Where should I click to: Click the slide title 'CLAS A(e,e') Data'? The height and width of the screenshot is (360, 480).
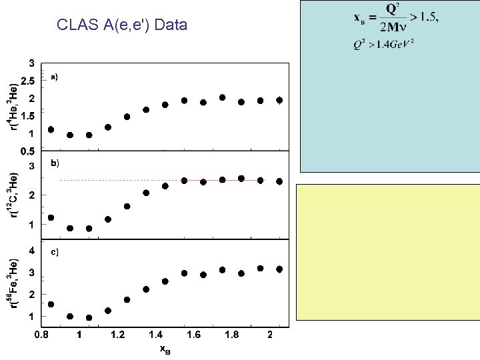(x=123, y=26)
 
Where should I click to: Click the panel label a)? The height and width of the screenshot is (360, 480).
(x=55, y=77)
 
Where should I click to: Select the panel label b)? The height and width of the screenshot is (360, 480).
(x=55, y=163)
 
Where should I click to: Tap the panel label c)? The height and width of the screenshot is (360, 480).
(x=55, y=252)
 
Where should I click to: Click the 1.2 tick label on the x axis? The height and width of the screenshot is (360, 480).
(x=117, y=335)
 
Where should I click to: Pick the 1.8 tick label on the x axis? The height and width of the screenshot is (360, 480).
(x=231, y=335)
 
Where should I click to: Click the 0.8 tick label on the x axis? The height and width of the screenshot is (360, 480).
(x=41, y=335)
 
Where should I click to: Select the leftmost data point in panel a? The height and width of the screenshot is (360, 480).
(x=51, y=129)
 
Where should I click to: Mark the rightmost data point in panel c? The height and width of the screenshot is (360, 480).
(x=279, y=269)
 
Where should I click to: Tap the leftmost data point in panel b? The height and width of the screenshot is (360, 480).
(x=51, y=218)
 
